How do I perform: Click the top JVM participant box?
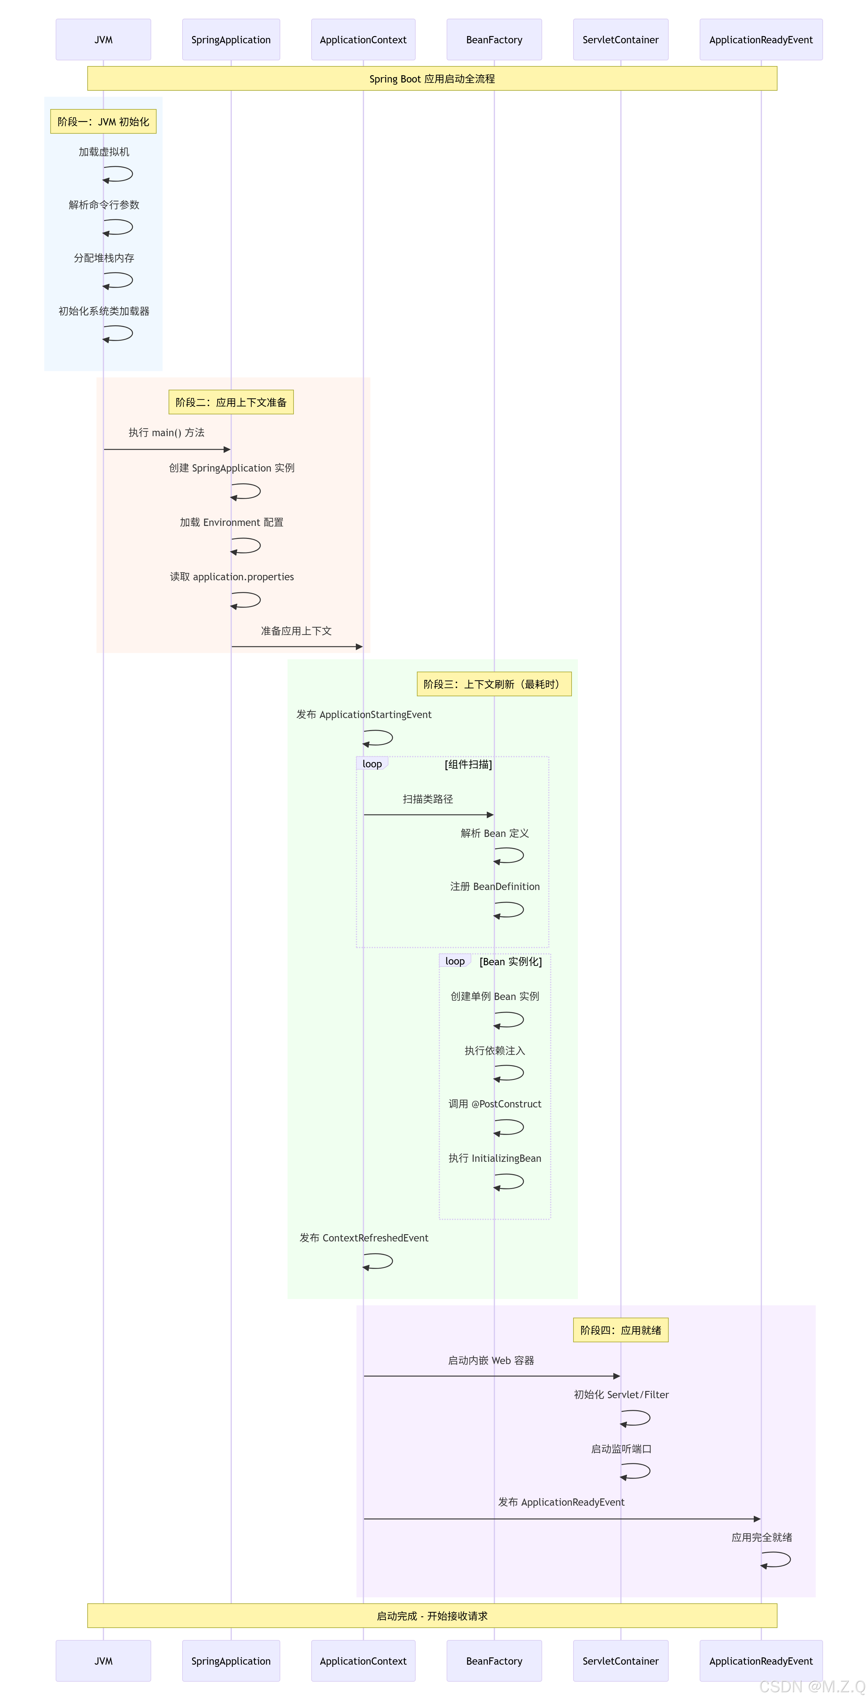[x=103, y=40]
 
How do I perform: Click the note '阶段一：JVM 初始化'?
[x=103, y=121]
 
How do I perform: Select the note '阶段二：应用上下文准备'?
[x=231, y=402]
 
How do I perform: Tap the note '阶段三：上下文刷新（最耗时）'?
[x=494, y=684]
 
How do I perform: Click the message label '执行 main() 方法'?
[x=166, y=432]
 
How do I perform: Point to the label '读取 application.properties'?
[x=231, y=576]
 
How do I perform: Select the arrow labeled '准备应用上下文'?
[x=297, y=646]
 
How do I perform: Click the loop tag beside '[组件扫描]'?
[x=372, y=764]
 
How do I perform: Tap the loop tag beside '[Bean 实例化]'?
[x=455, y=961]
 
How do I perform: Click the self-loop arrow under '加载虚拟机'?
[x=119, y=174]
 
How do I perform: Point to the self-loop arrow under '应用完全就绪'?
[x=777, y=1560]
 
